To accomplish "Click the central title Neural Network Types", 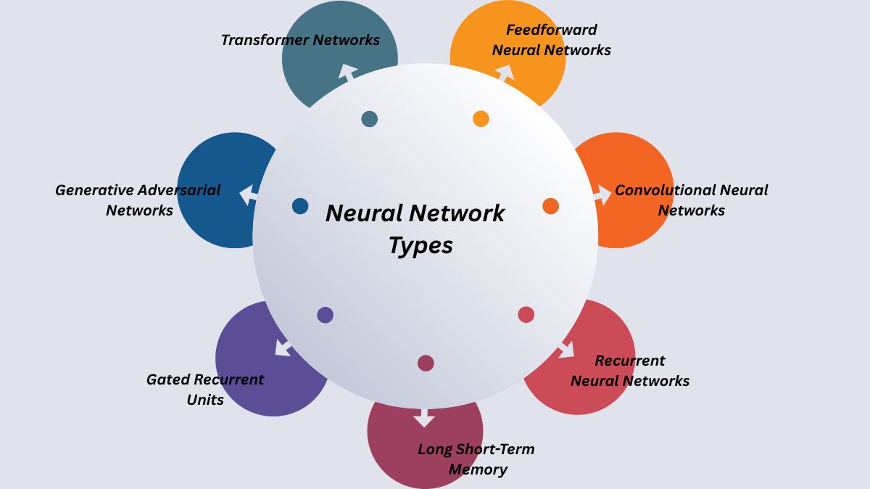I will pyautogui.click(x=415, y=229).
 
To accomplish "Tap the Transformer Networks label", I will pyautogui.click(x=300, y=40).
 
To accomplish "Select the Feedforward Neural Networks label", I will pyautogui.click(x=551, y=40).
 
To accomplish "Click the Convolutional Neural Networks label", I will pyautogui.click(x=691, y=200).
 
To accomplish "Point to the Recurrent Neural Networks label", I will pyautogui.click(x=629, y=371).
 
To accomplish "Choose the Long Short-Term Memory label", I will pyautogui.click(x=476, y=459).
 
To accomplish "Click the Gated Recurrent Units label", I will pyautogui.click(x=205, y=390).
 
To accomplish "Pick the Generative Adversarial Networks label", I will pyautogui.click(x=138, y=200).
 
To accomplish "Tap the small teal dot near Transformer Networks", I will pyautogui.click(x=369, y=119).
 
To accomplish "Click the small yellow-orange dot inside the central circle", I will pyautogui.click(x=481, y=119).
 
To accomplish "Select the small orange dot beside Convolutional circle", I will pyautogui.click(x=551, y=206).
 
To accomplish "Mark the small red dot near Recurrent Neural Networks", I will pyautogui.click(x=526, y=314).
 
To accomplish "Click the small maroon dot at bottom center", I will pyautogui.click(x=426, y=363).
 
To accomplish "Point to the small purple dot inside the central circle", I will pyautogui.click(x=326, y=315).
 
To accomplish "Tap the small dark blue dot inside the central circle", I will pyautogui.click(x=300, y=206).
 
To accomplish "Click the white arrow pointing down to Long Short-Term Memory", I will pyautogui.click(x=424, y=419).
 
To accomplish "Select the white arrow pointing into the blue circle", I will pyautogui.click(x=249, y=194).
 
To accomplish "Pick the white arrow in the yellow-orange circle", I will pyautogui.click(x=505, y=73).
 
